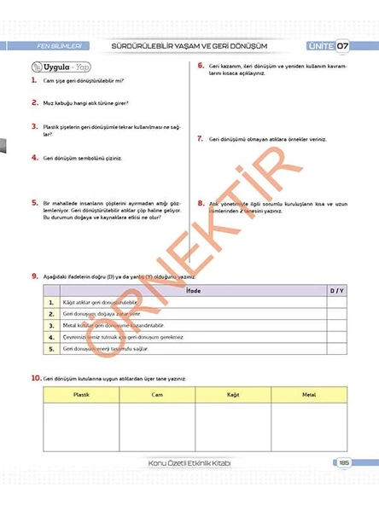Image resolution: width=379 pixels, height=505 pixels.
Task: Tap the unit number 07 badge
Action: (x=341, y=45)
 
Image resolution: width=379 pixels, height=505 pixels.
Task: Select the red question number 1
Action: (x=33, y=80)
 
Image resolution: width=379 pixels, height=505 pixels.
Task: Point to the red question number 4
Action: (x=33, y=157)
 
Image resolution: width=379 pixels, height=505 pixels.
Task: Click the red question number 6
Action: (x=200, y=66)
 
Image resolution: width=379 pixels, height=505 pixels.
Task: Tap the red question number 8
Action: (x=200, y=203)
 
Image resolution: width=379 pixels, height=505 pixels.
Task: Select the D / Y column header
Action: (x=335, y=292)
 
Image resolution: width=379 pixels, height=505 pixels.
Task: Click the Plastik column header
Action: (x=81, y=395)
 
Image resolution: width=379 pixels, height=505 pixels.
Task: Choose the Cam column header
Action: (x=157, y=395)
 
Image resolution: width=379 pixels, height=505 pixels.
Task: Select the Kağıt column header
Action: (x=233, y=395)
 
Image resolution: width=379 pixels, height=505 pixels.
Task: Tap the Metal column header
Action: (x=308, y=395)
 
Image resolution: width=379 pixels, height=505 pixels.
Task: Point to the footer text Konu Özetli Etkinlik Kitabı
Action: (x=189, y=463)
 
